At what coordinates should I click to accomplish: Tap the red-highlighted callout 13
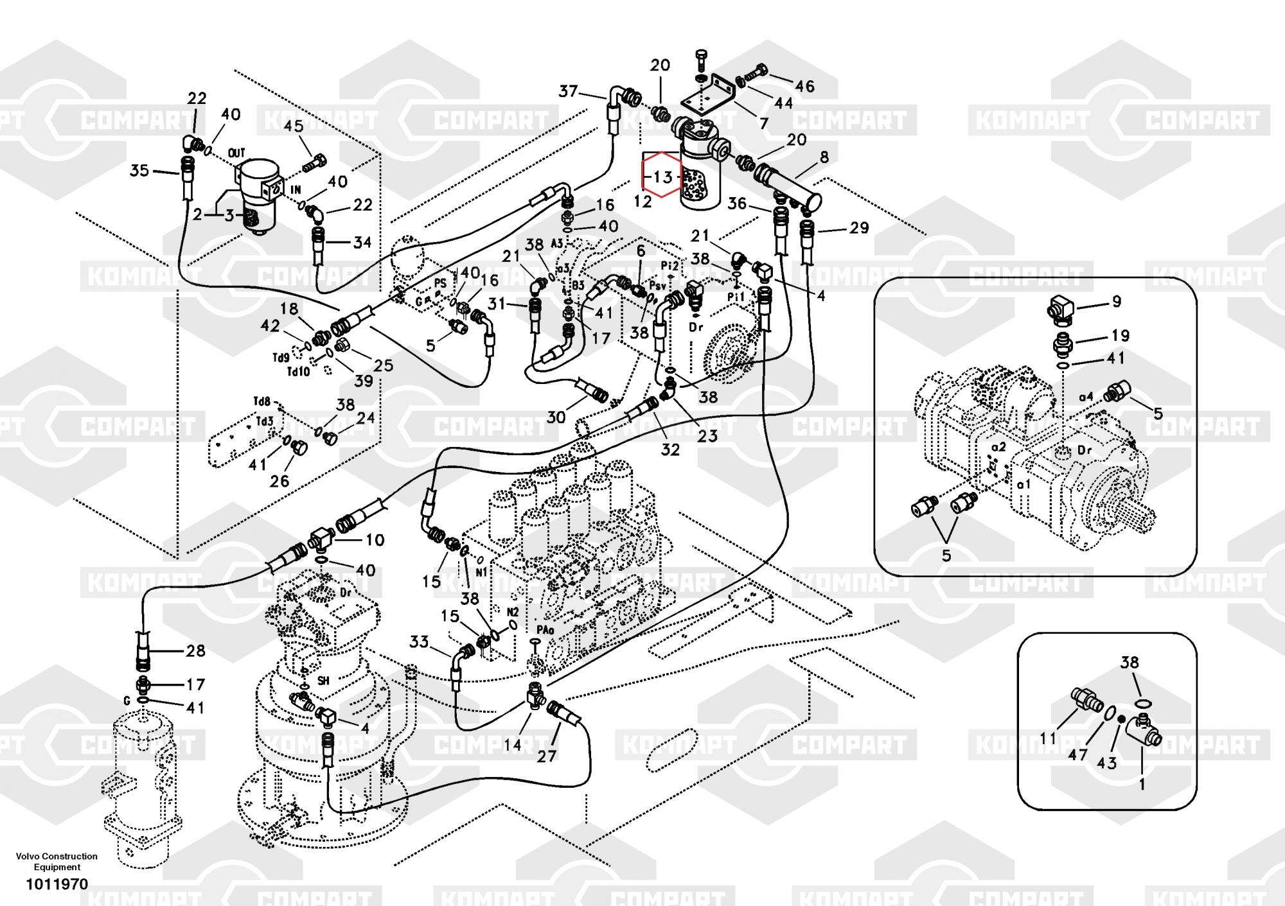coord(662,176)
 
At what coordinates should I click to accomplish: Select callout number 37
coord(568,91)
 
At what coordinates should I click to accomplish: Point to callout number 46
coord(804,86)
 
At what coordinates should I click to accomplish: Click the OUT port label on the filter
coord(237,153)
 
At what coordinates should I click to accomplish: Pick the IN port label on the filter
coord(296,190)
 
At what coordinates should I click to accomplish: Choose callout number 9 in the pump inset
coord(1116,301)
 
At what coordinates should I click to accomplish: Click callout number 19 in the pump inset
coord(1120,335)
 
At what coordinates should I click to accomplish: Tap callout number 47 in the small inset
coord(1077,755)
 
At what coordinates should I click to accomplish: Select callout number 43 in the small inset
coord(1107,763)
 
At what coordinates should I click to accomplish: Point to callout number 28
coord(195,651)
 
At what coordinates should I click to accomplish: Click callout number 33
coord(419,641)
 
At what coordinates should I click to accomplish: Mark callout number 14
coord(512,745)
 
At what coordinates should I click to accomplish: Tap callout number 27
coord(546,756)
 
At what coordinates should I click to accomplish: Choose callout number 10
coord(375,540)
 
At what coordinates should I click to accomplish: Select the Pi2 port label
coord(670,265)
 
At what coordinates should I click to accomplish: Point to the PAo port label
coord(544,631)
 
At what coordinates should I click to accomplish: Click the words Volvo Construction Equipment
coord(57,861)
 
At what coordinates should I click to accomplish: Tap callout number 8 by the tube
coord(824,156)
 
